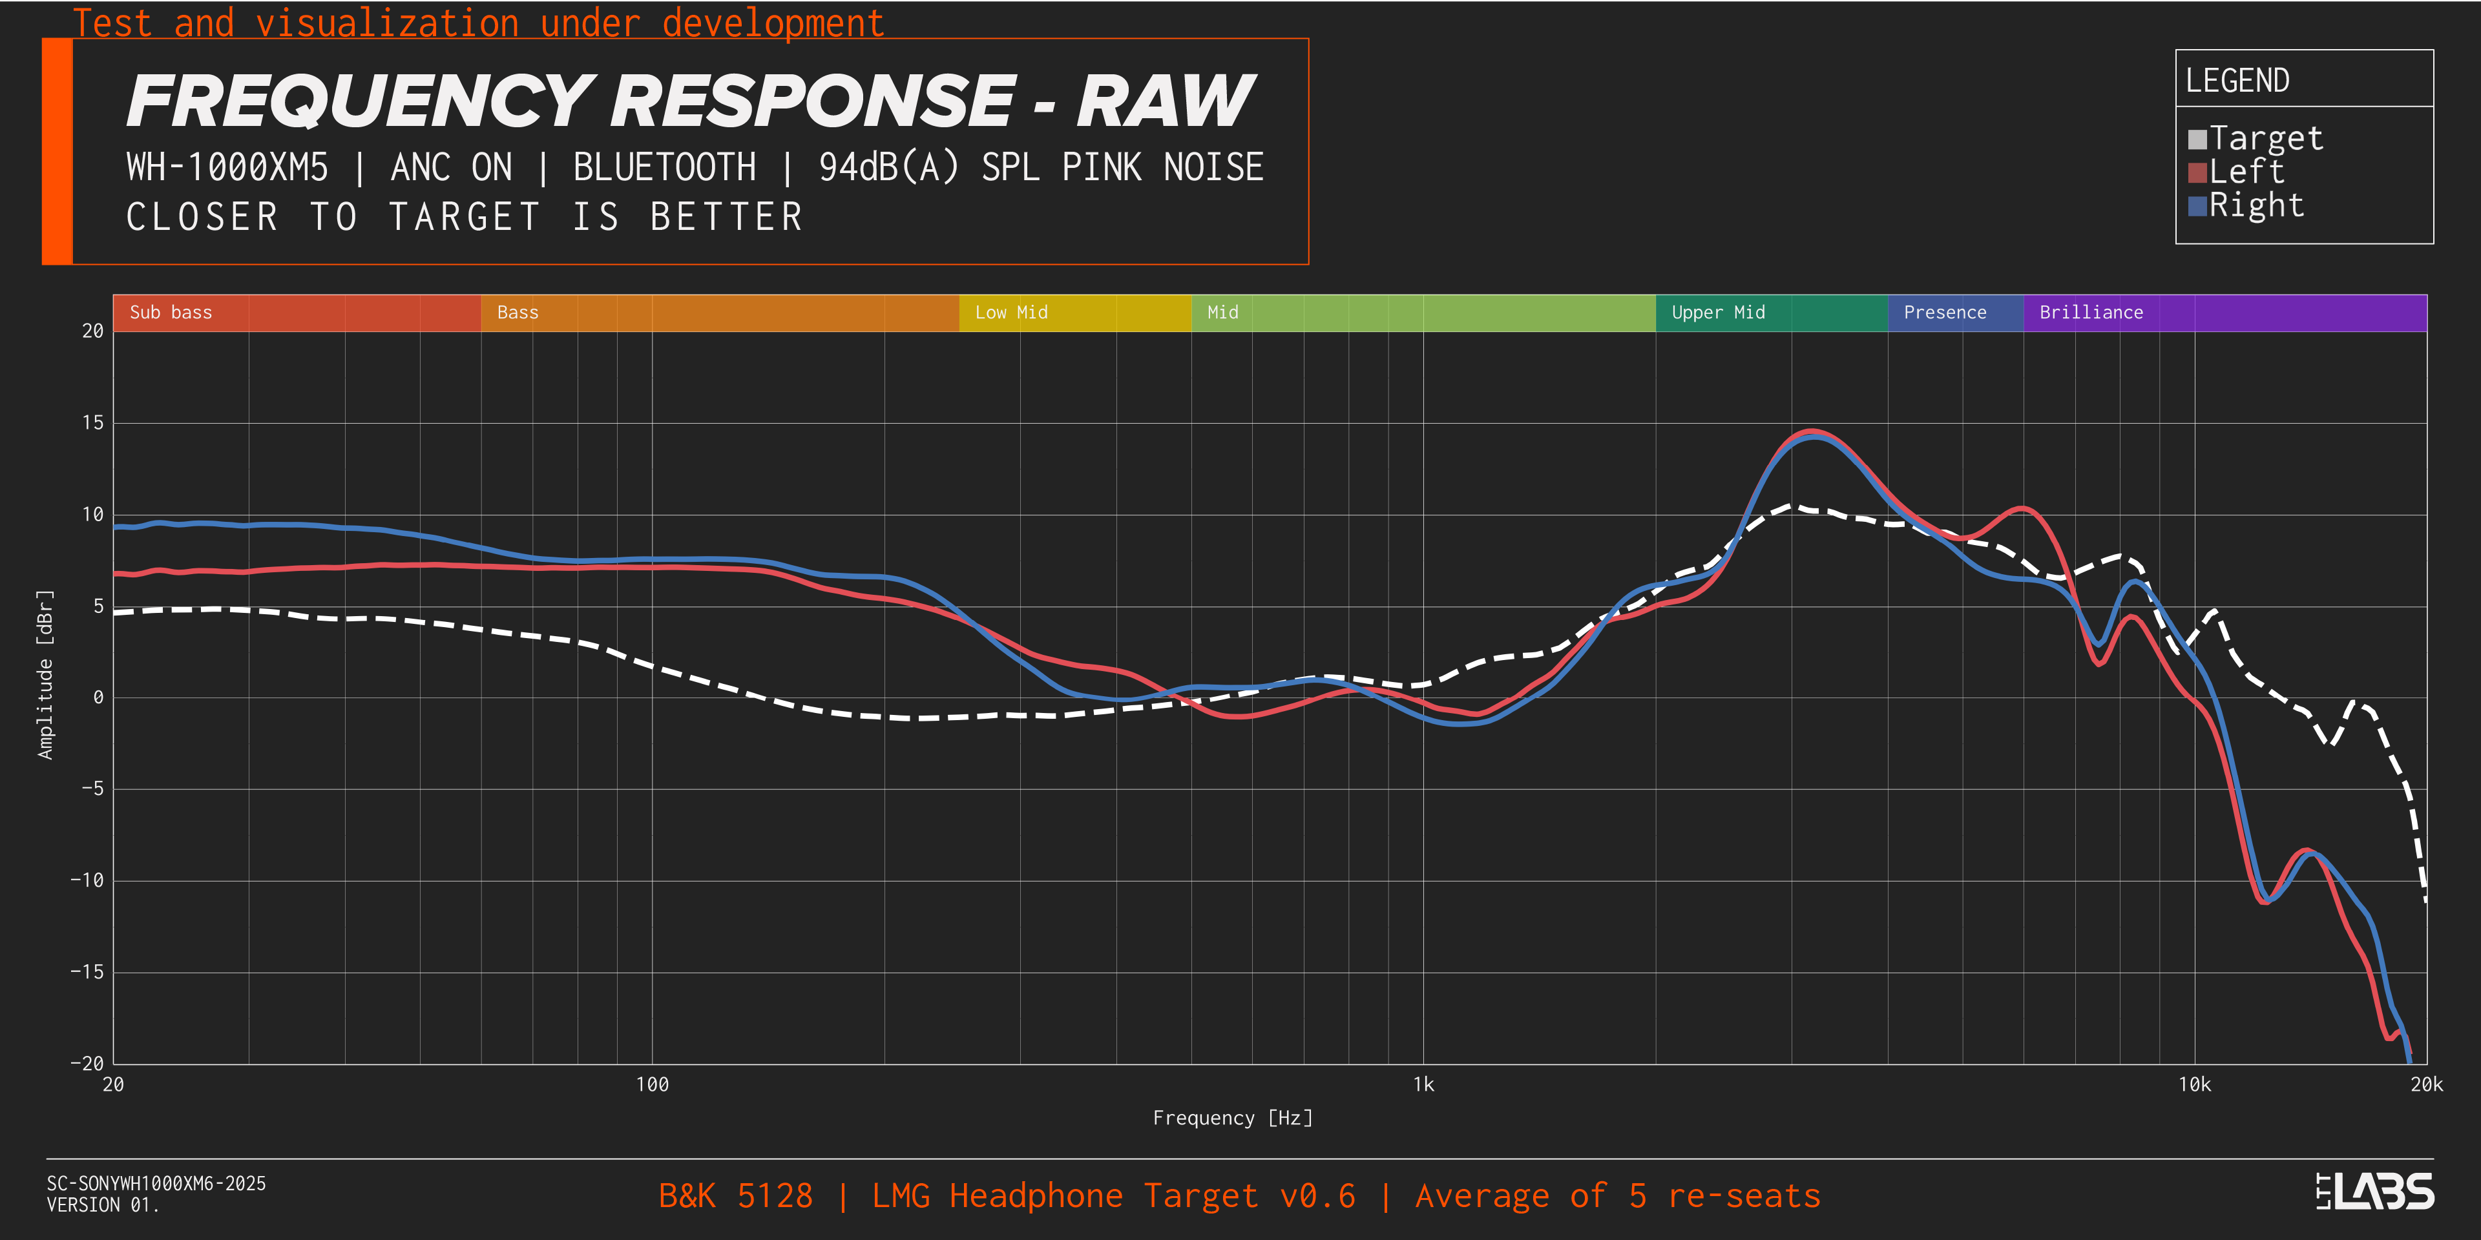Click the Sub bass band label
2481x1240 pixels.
[x=171, y=312]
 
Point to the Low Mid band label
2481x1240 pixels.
[x=1010, y=312]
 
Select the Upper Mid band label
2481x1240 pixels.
[x=1717, y=312]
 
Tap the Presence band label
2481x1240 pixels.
[x=1945, y=312]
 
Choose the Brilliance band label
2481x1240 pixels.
[x=2091, y=312]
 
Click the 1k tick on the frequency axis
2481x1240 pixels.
[x=1423, y=1085]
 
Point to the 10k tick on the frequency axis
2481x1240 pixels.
[x=2194, y=1085]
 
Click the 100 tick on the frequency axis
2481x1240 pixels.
[x=652, y=1085]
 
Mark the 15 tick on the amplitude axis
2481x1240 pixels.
[x=92, y=422]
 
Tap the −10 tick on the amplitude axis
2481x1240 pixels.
[x=87, y=880]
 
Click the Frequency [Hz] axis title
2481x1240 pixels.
[x=1232, y=1118]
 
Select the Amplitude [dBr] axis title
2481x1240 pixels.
[x=45, y=674]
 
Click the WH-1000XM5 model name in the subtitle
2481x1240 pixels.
[x=227, y=167]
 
